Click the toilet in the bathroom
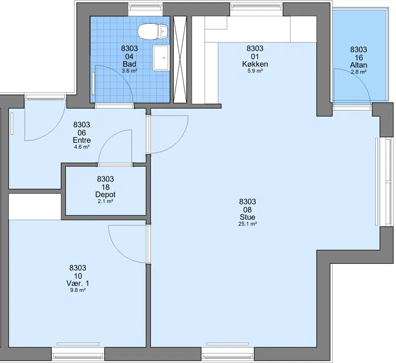click(x=153, y=32)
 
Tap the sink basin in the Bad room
click(x=160, y=58)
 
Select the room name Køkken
click(x=255, y=64)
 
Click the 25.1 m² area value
click(x=247, y=224)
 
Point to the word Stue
click(x=247, y=217)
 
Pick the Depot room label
click(x=105, y=195)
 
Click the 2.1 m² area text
click(x=105, y=202)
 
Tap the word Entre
click(x=82, y=140)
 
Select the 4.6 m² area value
click(x=82, y=147)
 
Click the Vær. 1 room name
click(x=78, y=283)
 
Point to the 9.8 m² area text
click(x=78, y=290)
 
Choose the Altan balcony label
click(x=358, y=65)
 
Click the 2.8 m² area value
click(x=358, y=72)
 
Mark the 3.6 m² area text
click(x=129, y=71)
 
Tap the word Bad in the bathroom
click(x=129, y=64)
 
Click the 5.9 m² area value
click(x=255, y=71)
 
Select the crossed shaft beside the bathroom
click(x=180, y=59)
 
